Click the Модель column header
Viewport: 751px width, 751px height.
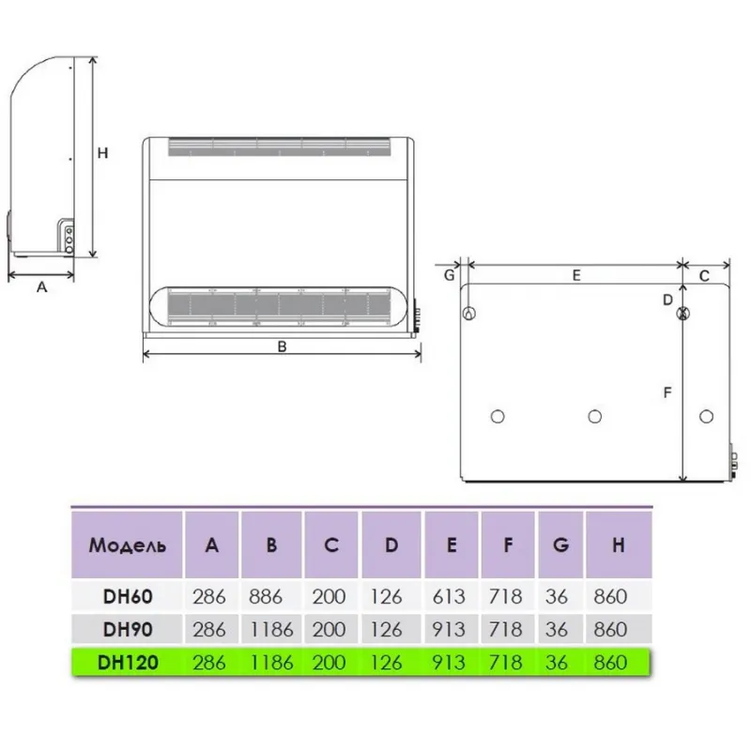click(x=128, y=545)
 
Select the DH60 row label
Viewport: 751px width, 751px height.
click(x=128, y=597)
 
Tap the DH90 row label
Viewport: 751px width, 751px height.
click(x=128, y=629)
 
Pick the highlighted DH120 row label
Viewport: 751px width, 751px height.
click(x=128, y=663)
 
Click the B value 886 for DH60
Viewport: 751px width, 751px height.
click(x=266, y=597)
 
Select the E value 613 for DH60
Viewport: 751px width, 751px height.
click(x=449, y=597)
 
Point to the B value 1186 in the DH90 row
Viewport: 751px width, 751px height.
click(x=271, y=629)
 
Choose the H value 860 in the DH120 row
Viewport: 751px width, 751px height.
click(x=610, y=663)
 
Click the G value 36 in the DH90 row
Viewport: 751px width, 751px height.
click(x=556, y=629)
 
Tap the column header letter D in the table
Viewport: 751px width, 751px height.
click(x=391, y=545)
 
